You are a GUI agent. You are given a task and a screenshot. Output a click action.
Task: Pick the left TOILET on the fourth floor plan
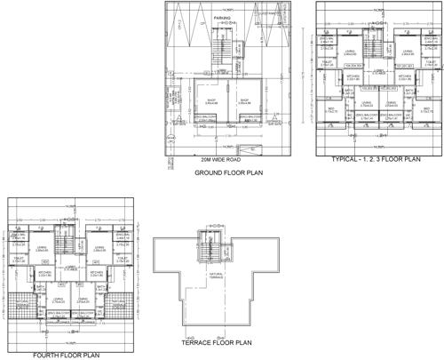click(20, 260)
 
